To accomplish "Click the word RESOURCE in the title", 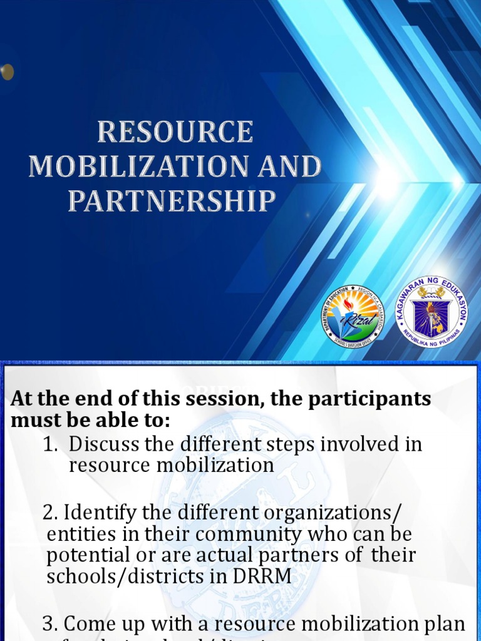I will click(175, 133).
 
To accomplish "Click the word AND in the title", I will click(291, 167).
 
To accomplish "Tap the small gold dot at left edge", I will click(7, 72).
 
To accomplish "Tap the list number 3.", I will click(49, 624).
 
